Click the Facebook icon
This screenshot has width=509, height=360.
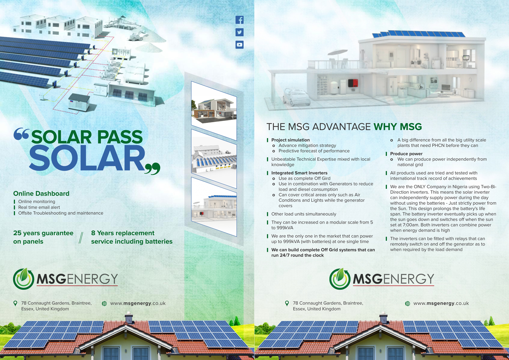pyautogui.click(x=240, y=20)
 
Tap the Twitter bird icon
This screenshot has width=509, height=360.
pyautogui.click(x=240, y=32)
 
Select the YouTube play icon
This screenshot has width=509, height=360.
pyautogui.click(x=240, y=44)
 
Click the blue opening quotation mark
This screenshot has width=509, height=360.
pyautogui.click(x=21, y=134)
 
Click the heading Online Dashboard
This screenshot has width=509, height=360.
pyautogui.click(x=41, y=194)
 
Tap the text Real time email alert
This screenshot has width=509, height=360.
pyautogui.click(x=39, y=207)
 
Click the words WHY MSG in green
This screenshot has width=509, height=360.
pyautogui.click(x=398, y=127)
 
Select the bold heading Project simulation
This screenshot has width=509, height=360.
pyautogui.click(x=290, y=140)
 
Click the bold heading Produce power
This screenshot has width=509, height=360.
pyautogui.click(x=406, y=154)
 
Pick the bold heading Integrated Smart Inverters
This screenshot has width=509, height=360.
pyautogui.click(x=299, y=173)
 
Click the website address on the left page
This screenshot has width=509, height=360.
pyautogui.click(x=138, y=303)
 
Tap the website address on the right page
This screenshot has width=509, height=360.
pyautogui.click(x=441, y=303)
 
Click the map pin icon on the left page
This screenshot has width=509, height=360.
pyautogui.click(x=15, y=303)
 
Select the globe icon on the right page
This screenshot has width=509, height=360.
pyautogui.click(x=408, y=303)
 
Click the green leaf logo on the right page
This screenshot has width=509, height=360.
pyautogui.click(x=340, y=279)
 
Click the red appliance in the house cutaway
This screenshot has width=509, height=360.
pyautogui.click(x=353, y=84)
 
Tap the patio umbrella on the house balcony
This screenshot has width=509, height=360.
pyautogui.click(x=338, y=53)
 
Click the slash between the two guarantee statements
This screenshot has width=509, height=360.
pyautogui.click(x=81, y=238)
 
